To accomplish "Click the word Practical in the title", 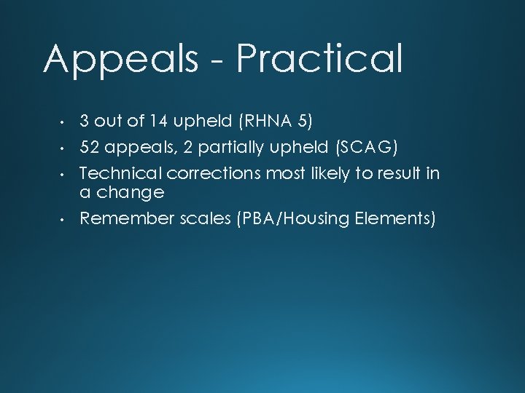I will [319, 60].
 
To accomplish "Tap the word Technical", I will [121, 173].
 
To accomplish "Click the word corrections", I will [214, 173].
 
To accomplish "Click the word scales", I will [206, 218].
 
